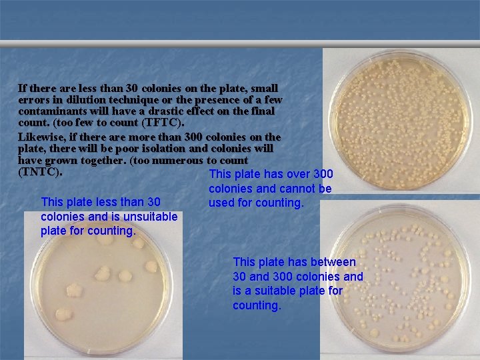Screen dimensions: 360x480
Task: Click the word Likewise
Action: [41, 137]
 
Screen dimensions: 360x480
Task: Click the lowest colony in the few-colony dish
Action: [65, 314]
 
